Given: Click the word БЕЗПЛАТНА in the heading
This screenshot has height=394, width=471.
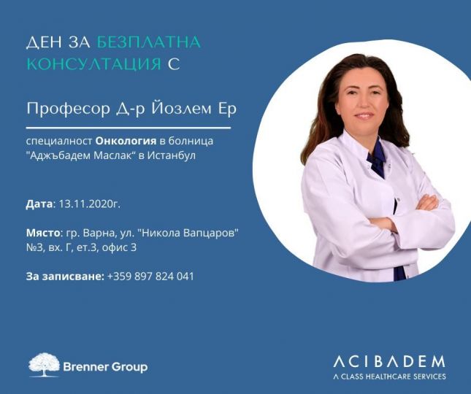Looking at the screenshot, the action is coord(149,42).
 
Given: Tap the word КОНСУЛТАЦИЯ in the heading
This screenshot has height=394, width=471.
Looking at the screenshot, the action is coord(94,64).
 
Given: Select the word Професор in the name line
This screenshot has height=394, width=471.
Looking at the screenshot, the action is coord(69,109).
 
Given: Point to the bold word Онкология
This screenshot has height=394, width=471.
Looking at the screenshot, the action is coord(126,142).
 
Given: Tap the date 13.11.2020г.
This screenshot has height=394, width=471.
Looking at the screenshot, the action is coord(90,204).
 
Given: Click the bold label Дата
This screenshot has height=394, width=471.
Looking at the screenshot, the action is coord(39,204).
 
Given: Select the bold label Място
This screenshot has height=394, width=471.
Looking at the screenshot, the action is coord(43,233).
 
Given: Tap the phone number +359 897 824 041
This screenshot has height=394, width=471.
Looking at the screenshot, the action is coord(150,277).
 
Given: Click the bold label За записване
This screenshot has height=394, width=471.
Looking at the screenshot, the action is coord(65,277).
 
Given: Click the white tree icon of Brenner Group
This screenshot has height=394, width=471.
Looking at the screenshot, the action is coord(44,365).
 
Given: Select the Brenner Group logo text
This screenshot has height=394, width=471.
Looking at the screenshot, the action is coord(105,367).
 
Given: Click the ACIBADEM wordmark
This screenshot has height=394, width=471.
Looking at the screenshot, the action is coord(389,362).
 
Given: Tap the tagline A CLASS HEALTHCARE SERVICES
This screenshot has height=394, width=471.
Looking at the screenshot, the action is coord(390,376).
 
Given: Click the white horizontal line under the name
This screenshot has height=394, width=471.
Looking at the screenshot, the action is coord(129,128).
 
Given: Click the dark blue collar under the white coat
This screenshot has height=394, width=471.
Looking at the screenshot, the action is coord(377,158).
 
